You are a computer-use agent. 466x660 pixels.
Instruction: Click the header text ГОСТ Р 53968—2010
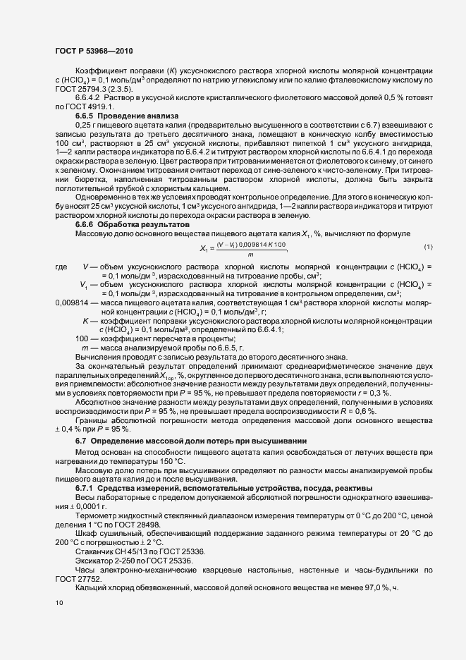(94, 51)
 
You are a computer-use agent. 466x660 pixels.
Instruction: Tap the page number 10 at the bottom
(59, 603)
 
